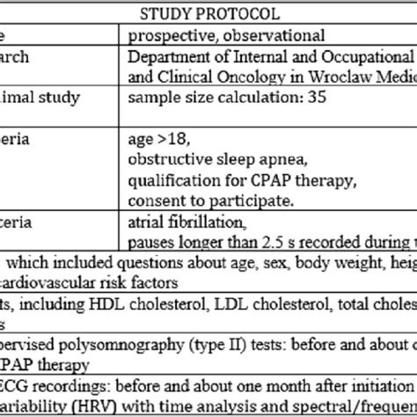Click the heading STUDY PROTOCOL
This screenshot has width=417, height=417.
pyautogui.click(x=208, y=15)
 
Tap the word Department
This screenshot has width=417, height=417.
pyautogui.click(x=168, y=57)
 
